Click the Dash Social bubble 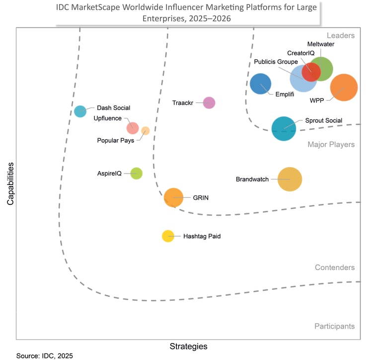(80, 111)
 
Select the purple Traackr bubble (209, 102)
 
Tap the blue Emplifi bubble (260, 84)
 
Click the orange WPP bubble (344, 88)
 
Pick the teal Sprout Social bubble (284, 128)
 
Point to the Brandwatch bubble (290, 179)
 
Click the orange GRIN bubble (173, 197)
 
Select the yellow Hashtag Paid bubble (168, 236)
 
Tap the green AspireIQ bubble (136, 174)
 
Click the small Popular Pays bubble (145, 131)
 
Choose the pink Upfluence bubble (132, 128)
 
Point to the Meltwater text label (320, 44)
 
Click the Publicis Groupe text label (276, 62)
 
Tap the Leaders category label (340, 35)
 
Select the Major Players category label (331, 145)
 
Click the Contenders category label (334, 268)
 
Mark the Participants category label (334, 326)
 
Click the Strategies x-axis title (188, 346)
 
